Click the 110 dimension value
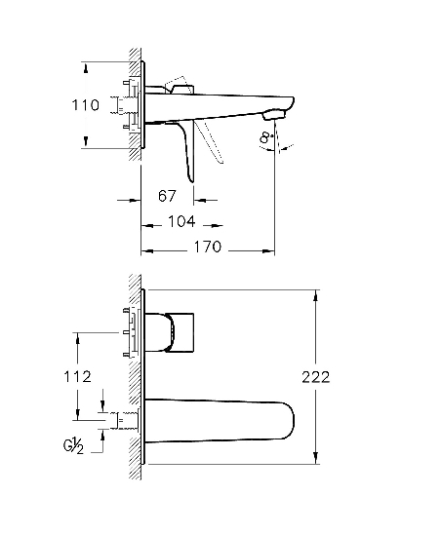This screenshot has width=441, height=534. pyautogui.click(x=85, y=105)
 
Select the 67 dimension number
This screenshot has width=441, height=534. pyautogui.click(x=167, y=196)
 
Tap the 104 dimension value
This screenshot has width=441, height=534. pyautogui.click(x=181, y=222)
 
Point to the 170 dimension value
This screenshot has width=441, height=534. pyautogui.click(x=208, y=247)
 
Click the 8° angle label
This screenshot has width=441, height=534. pyautogui.click(x=266, y=137)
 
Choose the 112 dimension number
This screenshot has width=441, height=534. pyautogui.click(x=78, y=377)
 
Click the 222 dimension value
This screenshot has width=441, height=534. pyautogui.click(x=316, y=377)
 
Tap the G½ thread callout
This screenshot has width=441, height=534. pyautogui.click(x=73, y=446)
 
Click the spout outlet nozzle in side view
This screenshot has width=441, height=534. pyautogui.click(x=273, y=114)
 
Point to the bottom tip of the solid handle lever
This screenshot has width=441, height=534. pyautogui.click(x=193, y=182)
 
